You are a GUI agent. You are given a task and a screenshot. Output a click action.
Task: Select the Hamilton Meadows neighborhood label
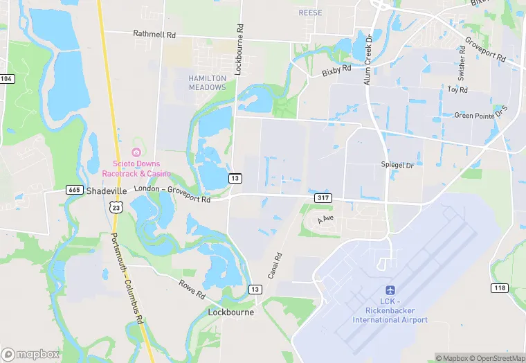click(x=207, y=83)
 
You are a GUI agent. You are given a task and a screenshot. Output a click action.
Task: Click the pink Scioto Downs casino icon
click(x=136, y=152)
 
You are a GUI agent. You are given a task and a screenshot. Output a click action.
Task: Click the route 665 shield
click(x=75, y=190)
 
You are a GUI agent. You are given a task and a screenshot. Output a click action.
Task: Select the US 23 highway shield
click(x=116, y=206)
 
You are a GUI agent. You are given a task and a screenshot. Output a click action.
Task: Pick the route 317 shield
click(x=323, y=198)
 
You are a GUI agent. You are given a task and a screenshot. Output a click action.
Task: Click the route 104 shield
click(x=6, y=79)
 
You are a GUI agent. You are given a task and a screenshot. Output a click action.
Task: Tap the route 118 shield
click(x=500, y=287)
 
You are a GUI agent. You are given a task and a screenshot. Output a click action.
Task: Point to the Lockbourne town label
click(x=231, y=312)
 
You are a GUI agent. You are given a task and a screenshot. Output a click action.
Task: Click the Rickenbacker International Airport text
click(x=390, y=315)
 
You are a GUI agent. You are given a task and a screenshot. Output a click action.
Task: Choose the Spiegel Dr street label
click(x=397, y=165)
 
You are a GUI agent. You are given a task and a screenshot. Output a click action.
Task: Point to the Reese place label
click(x=311, y=13)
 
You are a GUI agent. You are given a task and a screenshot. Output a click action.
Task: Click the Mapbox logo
click(x=31, y=354)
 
